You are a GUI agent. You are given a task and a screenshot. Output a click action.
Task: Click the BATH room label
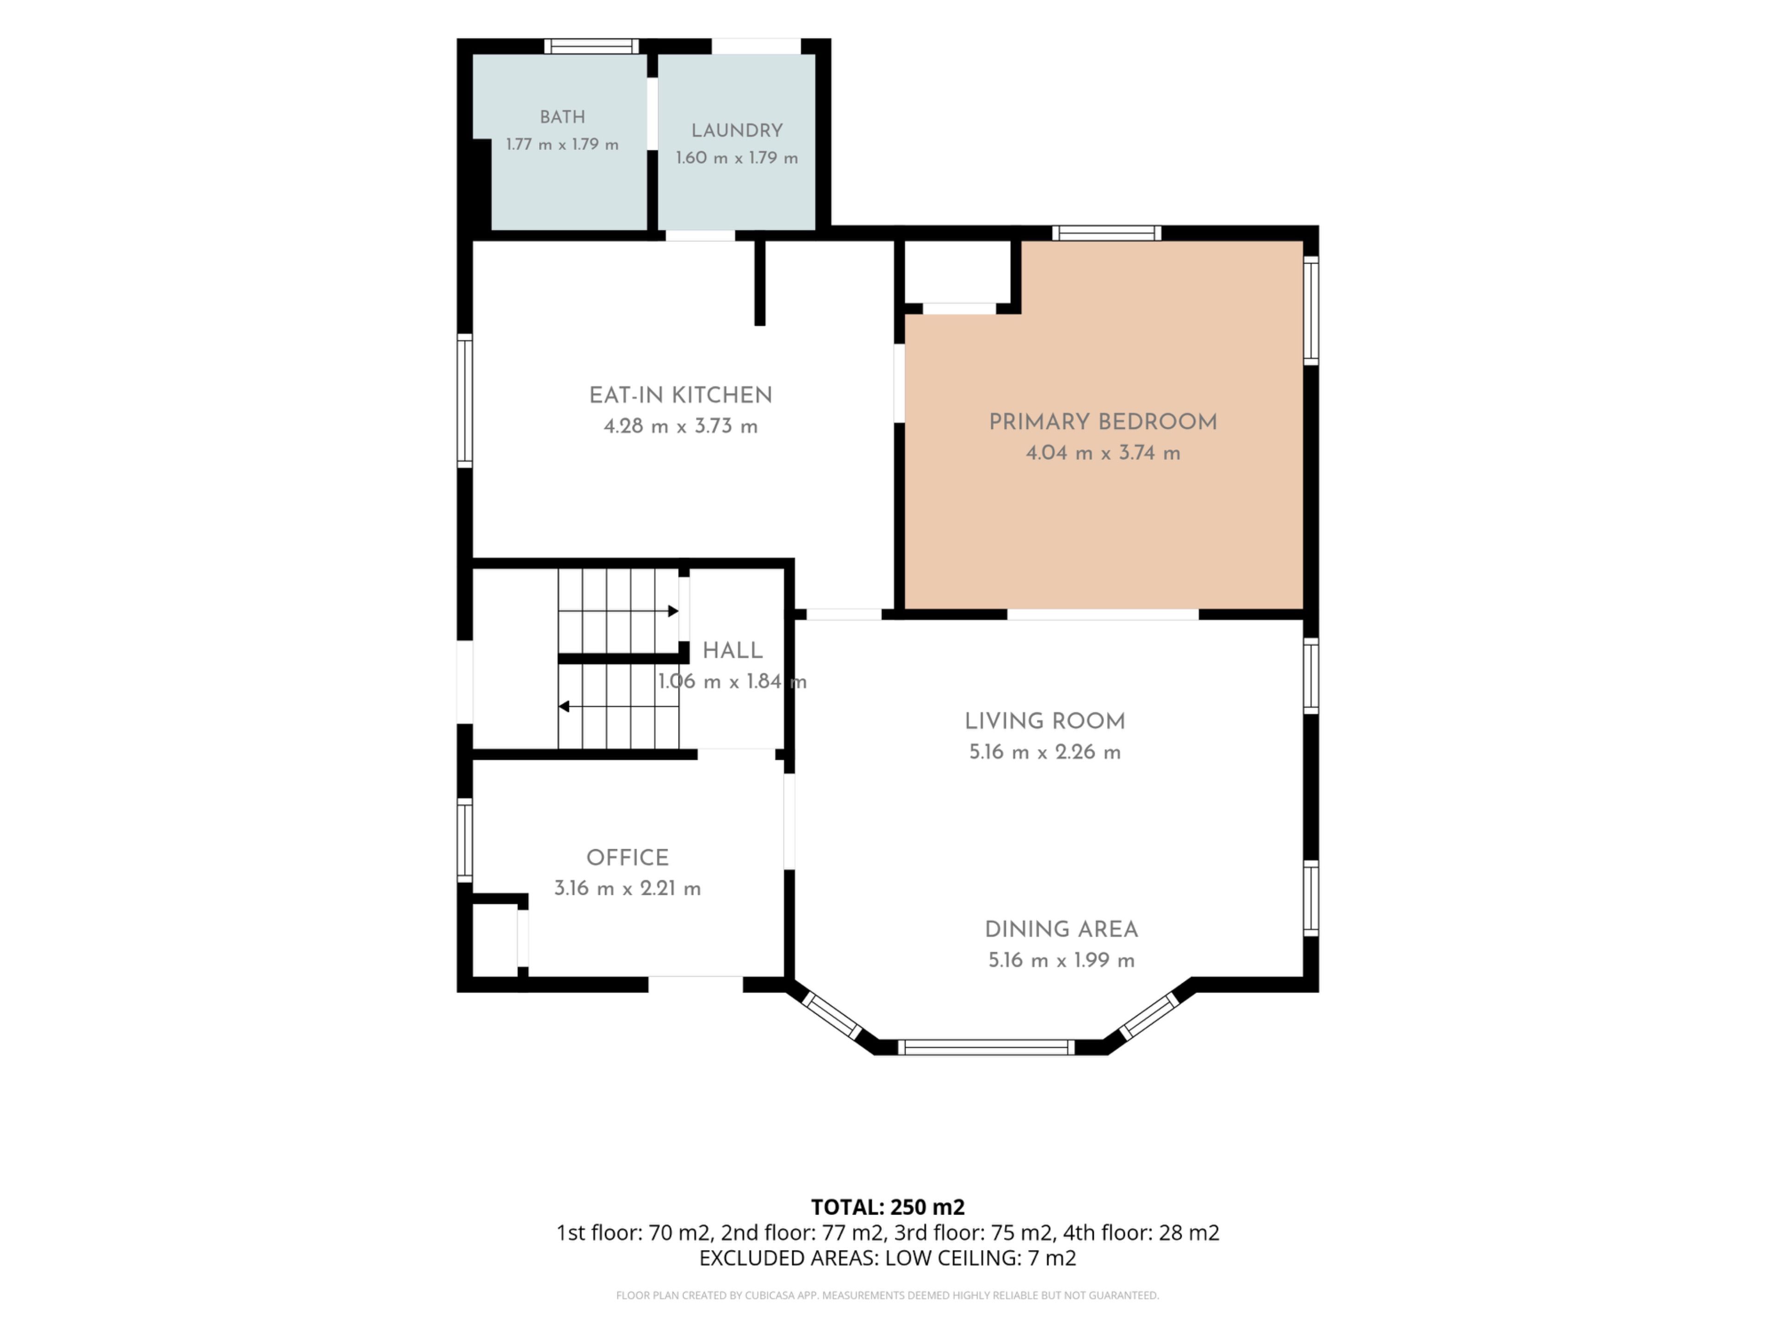coord(562,117)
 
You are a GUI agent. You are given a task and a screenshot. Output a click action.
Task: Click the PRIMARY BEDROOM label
coord(1103,421)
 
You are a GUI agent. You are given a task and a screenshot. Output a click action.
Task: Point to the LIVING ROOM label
coord(1045,721)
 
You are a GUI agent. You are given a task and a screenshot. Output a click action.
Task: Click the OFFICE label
coord(627,857)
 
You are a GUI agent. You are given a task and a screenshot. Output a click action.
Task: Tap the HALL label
coord(732,650)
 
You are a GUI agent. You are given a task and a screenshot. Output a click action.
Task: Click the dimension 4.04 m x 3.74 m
coord(1103,453)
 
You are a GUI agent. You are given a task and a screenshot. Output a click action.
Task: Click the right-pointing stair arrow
coord(618,611)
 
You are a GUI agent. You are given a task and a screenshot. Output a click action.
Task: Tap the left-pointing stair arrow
coord(618,707)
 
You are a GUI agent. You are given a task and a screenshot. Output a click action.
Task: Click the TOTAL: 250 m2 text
coord(888,1207)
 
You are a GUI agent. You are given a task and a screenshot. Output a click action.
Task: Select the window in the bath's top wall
coord(592,46)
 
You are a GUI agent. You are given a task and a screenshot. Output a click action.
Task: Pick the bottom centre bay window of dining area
coord(986,1047)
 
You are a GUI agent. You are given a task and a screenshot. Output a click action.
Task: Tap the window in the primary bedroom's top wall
coord(1106,233)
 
